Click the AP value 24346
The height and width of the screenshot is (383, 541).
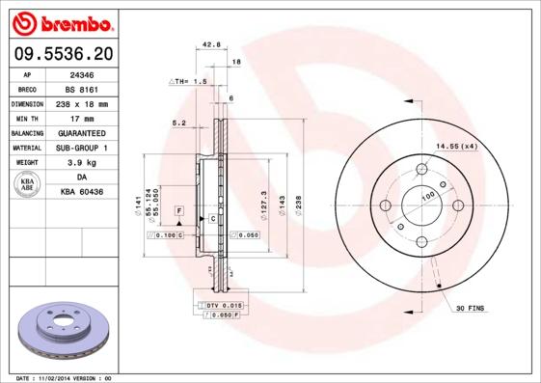(x=82, y=73)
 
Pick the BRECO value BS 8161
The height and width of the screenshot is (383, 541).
(x=82, y=89)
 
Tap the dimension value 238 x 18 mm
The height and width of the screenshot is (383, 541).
(x=82, y=103)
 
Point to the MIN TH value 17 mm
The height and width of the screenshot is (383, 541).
(x=82, y=118)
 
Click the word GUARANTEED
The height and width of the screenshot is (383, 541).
(x=82, y=133)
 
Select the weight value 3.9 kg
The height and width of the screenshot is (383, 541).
(x=82, y=163)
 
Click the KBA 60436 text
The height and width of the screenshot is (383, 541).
(x=82, y=193)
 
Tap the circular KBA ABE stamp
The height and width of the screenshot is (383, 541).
(x=27, y=185)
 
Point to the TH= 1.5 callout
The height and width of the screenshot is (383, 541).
(x=189, y=83)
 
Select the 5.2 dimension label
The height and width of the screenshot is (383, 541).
(x=178, y=123)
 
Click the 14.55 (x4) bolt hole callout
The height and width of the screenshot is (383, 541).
(x=456, y=146)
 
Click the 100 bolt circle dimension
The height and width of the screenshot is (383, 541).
(x=428, y=196)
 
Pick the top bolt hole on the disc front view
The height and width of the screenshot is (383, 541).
(x=420, y=171)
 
